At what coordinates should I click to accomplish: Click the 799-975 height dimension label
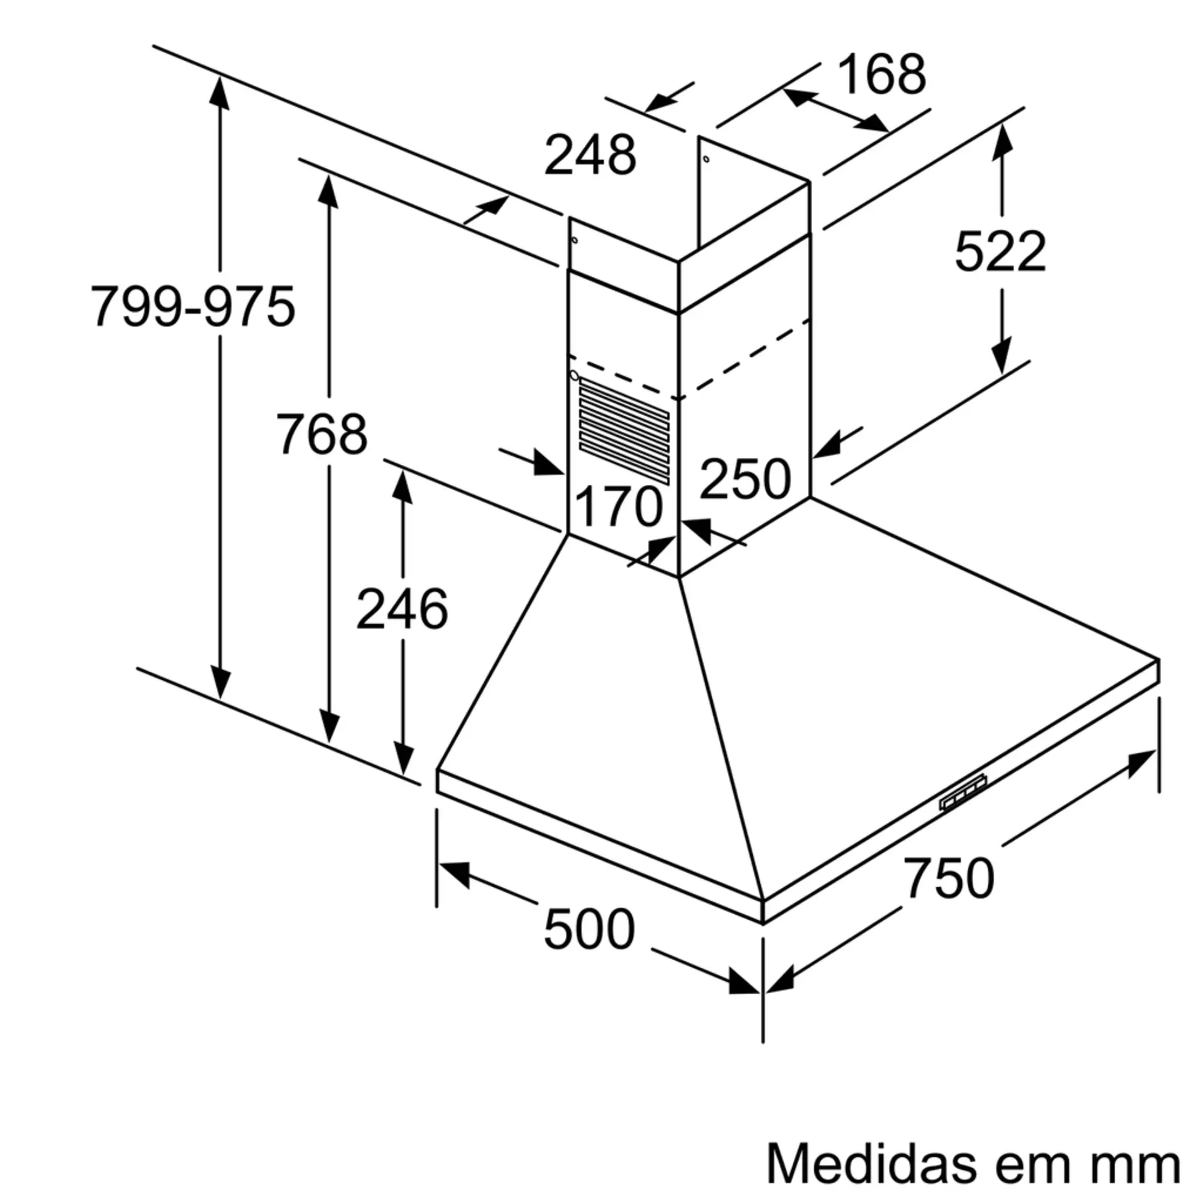[x=192, y=306]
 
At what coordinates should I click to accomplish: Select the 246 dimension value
[x=402, y=609]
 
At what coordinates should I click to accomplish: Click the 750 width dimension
[x=949, y=878]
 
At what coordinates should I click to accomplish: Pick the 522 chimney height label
[x=1000, y=251]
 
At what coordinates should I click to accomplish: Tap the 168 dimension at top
[x=882, y=75]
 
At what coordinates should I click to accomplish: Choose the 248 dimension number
[x=589, y=155]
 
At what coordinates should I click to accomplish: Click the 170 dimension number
[x=618, y=507]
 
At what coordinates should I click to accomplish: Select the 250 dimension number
[x=745, y=479]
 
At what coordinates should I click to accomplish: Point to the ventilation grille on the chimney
[x=624, y=432]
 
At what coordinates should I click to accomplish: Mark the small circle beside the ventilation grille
[x=574, y=375]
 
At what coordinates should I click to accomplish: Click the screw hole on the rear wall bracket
[x=706, y=159]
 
